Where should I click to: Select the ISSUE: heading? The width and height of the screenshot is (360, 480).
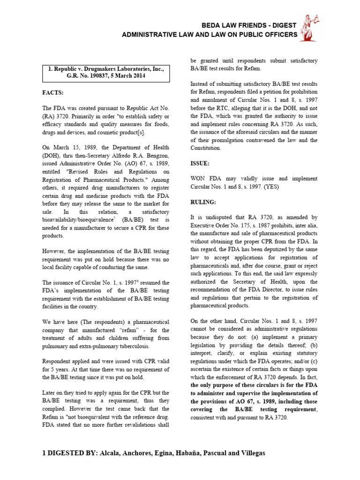[200, 164]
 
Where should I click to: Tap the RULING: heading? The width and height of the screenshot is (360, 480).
[203, 202]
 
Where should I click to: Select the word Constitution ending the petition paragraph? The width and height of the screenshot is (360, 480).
[205, 148]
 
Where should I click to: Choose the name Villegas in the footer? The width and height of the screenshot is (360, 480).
[247, 454]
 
